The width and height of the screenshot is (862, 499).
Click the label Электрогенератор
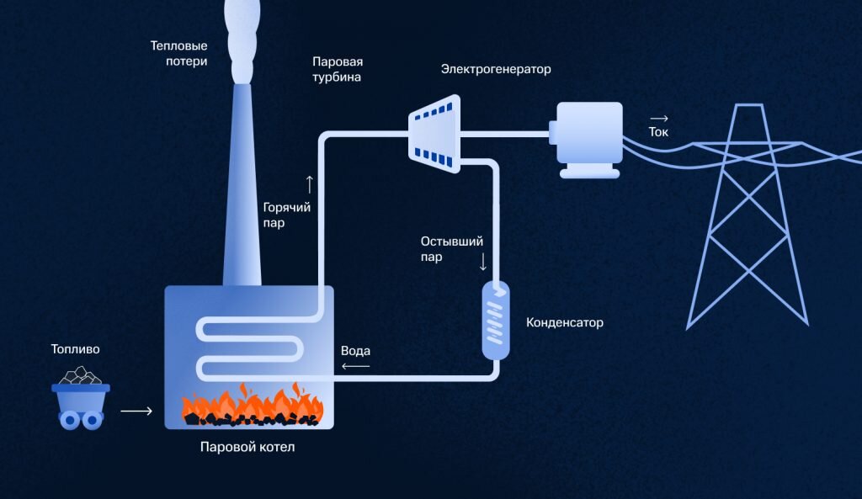[x=496, y=69]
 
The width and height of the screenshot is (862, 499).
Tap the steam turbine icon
[x=434, y=134]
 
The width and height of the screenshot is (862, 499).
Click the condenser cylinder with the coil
[x=495, y=321]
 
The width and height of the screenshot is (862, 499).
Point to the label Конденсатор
[x=564, y=322]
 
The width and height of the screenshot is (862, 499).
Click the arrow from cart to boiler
[x=136, y=411]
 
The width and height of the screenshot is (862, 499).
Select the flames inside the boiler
[x=253, y=405]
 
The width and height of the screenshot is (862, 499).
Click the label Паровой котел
[x=247, y=447]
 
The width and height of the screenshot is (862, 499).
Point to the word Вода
[x=355, y=350]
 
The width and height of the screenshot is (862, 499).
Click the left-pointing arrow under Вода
[x=355, y=366]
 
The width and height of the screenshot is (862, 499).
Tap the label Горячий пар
[x=286, y=215]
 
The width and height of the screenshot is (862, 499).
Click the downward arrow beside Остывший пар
[x=483, y=261]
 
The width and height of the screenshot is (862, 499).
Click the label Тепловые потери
[x=178, y=53]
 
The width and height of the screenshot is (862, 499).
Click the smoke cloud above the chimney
[x=243, y=38]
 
